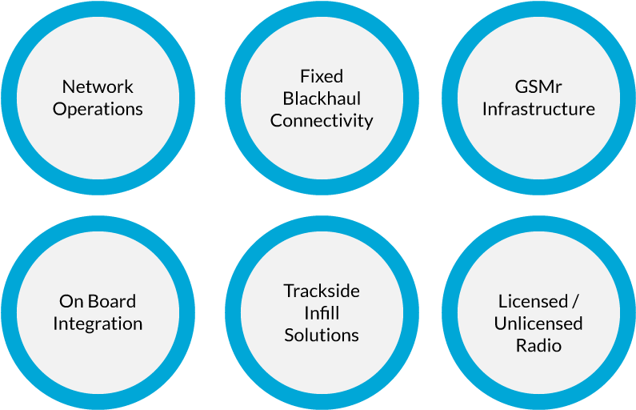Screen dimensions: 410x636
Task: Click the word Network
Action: point(98,86)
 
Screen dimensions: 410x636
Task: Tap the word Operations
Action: point(98,109)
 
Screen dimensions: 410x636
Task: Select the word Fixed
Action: point(322,76)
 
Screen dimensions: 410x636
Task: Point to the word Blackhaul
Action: point(322,98)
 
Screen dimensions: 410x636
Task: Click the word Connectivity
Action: point(322,121)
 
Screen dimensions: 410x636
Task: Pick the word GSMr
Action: point(538,86)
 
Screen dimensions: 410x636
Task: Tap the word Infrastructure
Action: point(538,109)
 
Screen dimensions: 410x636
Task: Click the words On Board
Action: point(98,301)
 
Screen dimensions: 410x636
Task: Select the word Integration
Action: point(98,324)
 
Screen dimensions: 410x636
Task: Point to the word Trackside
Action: point(322,291)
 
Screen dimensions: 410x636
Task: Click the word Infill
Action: point(322,312)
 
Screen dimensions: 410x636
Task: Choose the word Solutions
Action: point(322,335)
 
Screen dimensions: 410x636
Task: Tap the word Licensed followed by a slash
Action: point(538,301)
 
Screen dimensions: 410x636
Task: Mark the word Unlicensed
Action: point(538,324)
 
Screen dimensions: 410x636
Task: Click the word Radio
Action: point(538,346)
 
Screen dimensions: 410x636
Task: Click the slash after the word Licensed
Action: point(574,302)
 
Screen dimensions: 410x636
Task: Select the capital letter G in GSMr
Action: point(521,86)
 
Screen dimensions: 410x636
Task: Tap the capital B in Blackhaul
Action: point(288,98)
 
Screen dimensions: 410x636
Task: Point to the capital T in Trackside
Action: point(288,291)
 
